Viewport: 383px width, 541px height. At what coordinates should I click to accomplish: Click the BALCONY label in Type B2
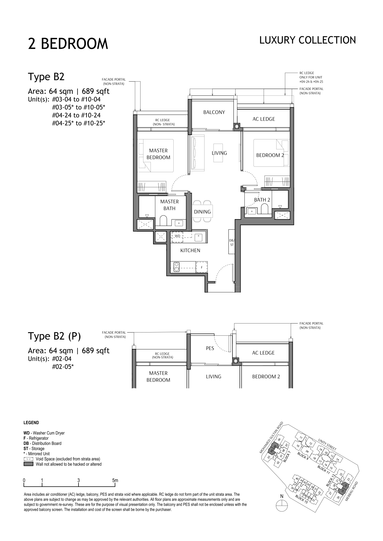pyautogui.click(x=214, y=112)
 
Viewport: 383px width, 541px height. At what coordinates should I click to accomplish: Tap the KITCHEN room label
pyautogui.click(x=190, y=251)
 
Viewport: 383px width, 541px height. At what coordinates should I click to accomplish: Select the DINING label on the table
pyautogui.click(x=202, y=212)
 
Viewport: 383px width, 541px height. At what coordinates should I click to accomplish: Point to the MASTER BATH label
pyautogui.click(x=169, y=205)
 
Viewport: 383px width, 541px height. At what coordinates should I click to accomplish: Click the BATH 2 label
pyautogui.click(x=262, y=200)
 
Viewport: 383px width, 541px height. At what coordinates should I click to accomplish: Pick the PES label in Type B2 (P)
pyautogui.click(x=210, y=348)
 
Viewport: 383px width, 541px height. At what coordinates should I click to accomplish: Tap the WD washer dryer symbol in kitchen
pyautogui.click(x=178, y=236)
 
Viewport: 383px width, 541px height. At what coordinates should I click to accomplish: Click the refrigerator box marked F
pyautogui.click(x=202, y=267)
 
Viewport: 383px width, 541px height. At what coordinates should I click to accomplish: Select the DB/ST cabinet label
pyautogui.click(x=232, y=243)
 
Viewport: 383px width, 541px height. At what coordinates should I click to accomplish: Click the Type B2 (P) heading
pyautogui.click(x=54, y=336)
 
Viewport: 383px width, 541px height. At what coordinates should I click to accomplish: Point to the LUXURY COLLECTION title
pyautogui.click(x=307, y=40)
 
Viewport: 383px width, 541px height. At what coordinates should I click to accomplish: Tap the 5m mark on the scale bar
pyautogui.click(x=115, y=480)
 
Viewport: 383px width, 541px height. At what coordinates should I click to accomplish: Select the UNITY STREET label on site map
pyautogui.click(x=327, y=444)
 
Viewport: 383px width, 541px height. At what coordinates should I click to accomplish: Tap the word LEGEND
pyautogui.click(x=31, y=423)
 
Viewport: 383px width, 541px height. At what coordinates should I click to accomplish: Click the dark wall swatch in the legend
pyautogui.click(x=29, y=464)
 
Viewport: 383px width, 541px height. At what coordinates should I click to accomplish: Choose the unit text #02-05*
pyautogui.click(x=63, y=367)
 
